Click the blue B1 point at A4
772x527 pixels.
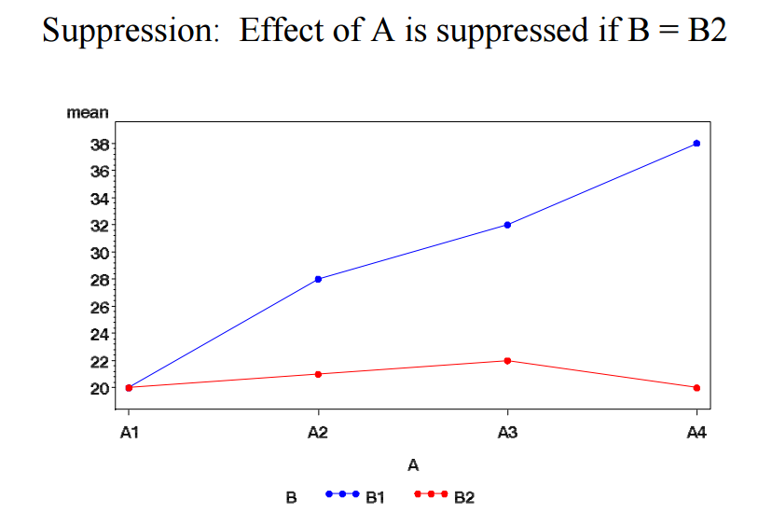coord(696,144)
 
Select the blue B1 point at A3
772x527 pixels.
coord(507,225)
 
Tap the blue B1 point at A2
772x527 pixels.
coord(319,279)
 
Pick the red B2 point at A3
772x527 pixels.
coord(507,360)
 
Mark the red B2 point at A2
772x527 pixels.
coord(319,374)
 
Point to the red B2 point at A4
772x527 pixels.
coord(696,387)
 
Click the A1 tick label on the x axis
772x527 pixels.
coord(129,431)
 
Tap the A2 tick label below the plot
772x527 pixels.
coord(319,431)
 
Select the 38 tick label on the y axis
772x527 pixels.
coord(99,145)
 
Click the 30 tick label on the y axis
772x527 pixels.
coord(99,253)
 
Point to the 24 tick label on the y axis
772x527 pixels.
coord(99,334)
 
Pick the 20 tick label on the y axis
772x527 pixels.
coord(99,388)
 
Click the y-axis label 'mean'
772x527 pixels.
coord(88,113)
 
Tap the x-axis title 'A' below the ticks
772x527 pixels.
coord(412,464)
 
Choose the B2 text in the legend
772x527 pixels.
coord(463,498)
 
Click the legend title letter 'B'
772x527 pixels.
coord(291,498)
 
